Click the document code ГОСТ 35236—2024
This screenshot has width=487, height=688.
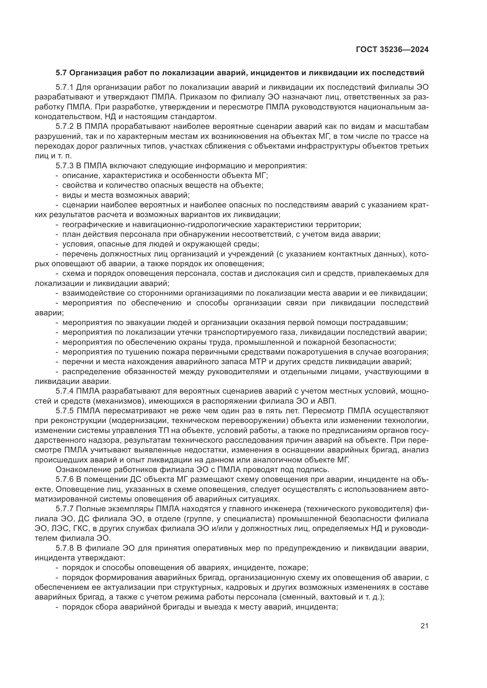pyautogui.click(x=392, y=49)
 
